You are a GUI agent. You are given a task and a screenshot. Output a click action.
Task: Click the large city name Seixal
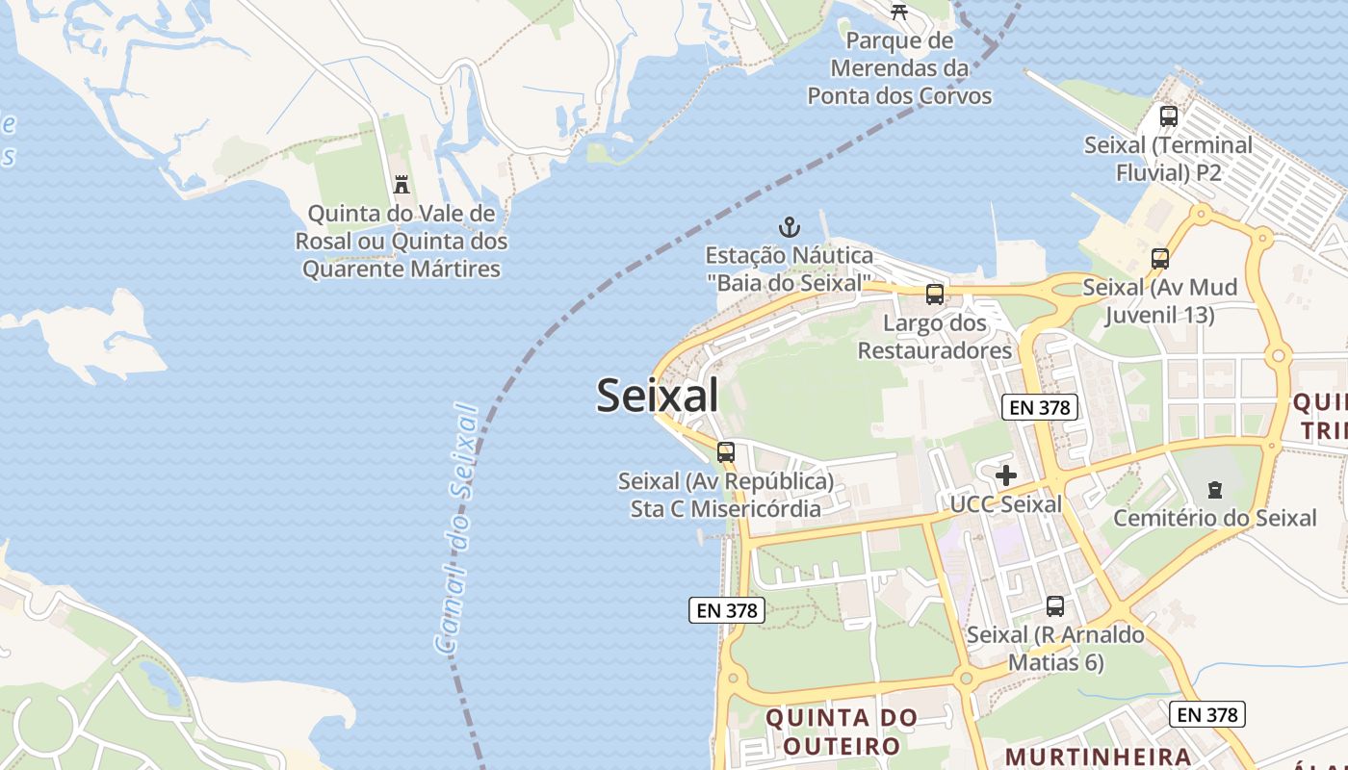[658, 396]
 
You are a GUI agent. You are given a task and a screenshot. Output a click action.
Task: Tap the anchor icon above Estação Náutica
[790, 228]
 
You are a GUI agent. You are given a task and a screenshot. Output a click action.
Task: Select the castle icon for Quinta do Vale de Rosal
[402, 184]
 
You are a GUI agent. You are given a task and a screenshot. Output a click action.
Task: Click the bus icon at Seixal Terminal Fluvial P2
[1169, 116]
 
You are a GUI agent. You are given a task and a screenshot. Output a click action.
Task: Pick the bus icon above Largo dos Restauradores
[935, 295]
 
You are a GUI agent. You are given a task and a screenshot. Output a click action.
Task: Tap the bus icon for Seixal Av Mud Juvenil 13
[1160, 259]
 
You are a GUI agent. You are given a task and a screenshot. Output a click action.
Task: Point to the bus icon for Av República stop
[726, 452]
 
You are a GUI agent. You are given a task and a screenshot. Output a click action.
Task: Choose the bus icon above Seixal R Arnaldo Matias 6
[1055, 606]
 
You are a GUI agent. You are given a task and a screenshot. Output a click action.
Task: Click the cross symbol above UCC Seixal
[1006, 475]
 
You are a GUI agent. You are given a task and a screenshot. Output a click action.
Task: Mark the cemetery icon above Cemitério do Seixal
[1215, 490]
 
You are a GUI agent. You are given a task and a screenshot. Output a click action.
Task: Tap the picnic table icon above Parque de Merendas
[899, 12]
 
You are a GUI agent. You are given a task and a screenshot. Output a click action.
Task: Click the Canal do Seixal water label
[456, 529]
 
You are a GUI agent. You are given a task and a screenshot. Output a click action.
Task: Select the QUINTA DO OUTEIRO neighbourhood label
[842, 731]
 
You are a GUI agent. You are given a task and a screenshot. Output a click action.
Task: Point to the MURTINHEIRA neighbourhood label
[1099, 756]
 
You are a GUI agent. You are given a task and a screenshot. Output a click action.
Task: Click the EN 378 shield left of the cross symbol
[1039, 407]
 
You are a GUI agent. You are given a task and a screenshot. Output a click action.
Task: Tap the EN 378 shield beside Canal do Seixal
[727, 609]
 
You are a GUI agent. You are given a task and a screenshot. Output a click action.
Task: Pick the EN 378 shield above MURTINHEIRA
[1207, 714]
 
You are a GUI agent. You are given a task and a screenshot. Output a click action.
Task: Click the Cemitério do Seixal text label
[1215, 518]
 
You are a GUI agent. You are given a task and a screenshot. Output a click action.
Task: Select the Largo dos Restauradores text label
[935, 336]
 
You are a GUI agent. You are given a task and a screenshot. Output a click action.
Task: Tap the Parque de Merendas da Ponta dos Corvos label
[899, 68]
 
